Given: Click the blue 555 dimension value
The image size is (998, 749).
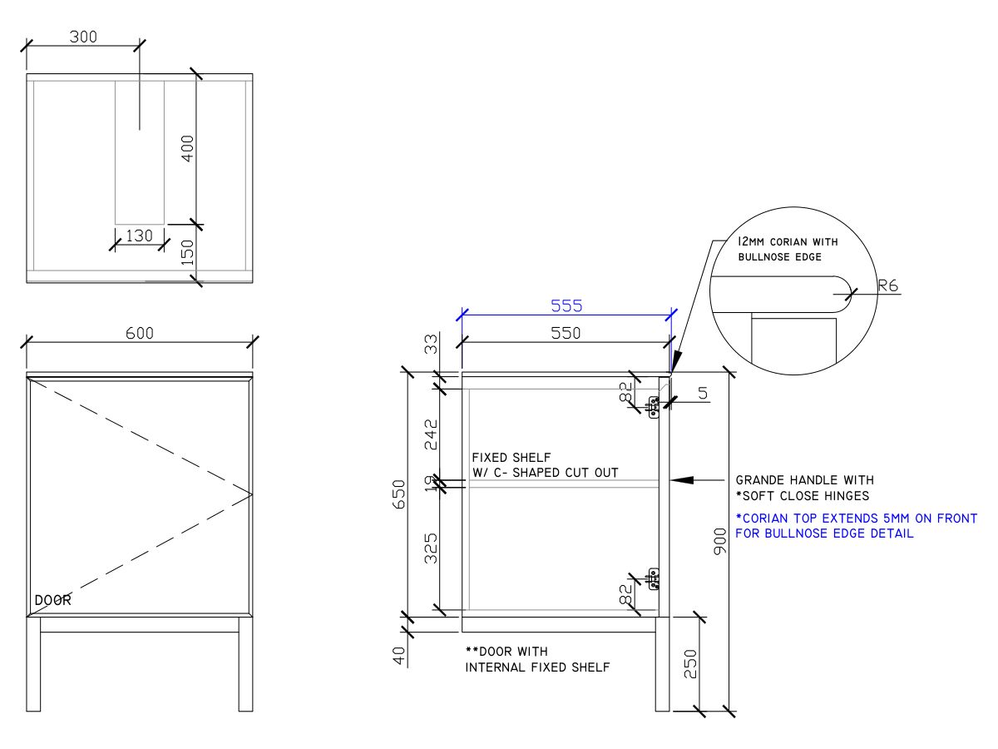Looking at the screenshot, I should tap(566, 305).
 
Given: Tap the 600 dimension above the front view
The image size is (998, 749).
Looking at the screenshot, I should tap(140, 333).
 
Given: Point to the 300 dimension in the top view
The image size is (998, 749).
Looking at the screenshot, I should tap(82, 37).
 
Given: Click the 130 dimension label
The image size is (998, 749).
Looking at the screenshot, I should tap(139, 236).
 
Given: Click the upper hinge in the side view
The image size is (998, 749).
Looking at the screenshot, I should tap(654, 406).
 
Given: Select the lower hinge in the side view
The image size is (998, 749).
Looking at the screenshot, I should tap(654, 578).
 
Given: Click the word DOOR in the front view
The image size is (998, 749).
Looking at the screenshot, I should tap(53, 600).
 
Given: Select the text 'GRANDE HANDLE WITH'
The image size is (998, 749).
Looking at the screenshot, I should tap(804, 480).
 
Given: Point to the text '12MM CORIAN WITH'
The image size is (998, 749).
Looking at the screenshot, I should tap(788, 241).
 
